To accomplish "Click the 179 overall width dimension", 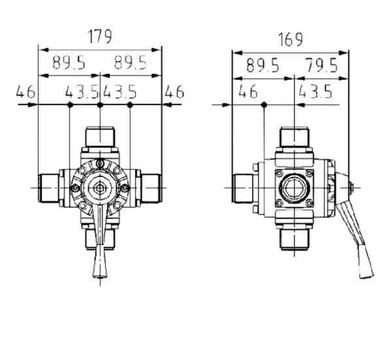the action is (100, 37).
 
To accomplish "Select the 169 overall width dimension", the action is (291, 39).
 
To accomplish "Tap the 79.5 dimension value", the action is (322, 65).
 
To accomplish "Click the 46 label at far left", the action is (25, 91).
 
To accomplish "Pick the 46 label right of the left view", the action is (174, 91).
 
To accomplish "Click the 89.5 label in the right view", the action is (263, 65).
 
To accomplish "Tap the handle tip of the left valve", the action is (100, 276).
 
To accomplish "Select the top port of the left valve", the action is (100, 137).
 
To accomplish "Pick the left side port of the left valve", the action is (48, 188).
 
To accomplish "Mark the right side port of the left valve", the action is (152, 188).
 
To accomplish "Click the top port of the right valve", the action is (295, 137).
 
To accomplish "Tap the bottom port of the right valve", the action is (295, 240).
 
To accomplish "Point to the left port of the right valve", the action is (243, 188).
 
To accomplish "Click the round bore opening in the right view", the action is (295, 188).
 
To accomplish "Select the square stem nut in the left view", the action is (100, 188).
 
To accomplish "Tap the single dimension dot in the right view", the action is (264, 105).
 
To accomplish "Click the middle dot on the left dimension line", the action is (100, 105).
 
